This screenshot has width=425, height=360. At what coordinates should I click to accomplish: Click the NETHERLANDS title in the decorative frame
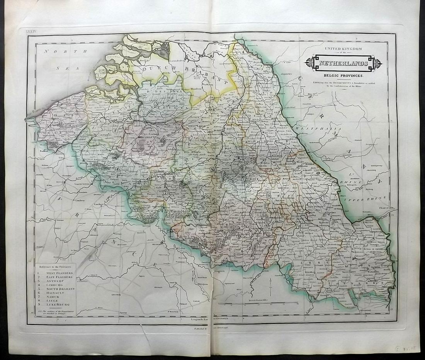(343, 63)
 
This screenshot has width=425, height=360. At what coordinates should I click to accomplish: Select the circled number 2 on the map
(115, 130)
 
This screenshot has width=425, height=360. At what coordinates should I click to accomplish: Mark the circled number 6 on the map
(119, 169)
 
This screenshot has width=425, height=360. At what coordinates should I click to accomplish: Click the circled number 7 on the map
(165, 192)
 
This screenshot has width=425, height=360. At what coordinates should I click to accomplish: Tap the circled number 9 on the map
(239, 236)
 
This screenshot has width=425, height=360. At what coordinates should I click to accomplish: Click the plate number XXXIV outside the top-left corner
(31, 29)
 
